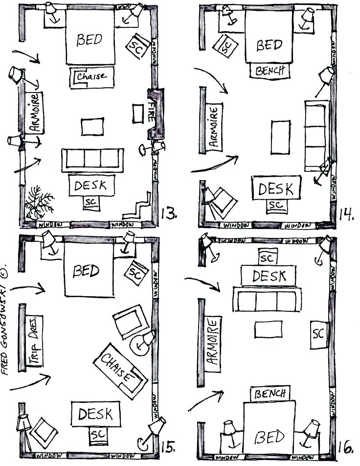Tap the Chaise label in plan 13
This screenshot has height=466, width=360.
tap(93, 77)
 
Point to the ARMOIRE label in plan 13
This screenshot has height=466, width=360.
tap(35, 113)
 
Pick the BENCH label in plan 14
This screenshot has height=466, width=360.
tap(270, 71)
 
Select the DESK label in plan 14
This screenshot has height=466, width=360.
tap(276, 189)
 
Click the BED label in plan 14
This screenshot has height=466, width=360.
tap(270, 45)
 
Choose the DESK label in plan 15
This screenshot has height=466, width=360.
tap(95, 414)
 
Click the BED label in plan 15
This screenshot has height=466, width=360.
tap(86, 271)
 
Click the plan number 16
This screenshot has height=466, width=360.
tap(346, 446)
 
